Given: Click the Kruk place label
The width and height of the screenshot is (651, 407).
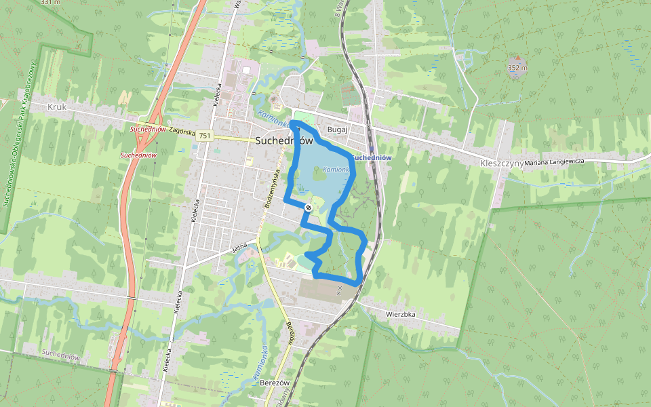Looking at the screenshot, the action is click(58, 107).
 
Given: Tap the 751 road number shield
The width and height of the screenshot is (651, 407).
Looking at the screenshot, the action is click(205, 136).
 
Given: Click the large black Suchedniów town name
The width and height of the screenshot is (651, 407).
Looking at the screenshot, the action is click(284, 141).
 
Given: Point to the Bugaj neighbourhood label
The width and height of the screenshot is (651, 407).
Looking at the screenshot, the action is click(337, 128).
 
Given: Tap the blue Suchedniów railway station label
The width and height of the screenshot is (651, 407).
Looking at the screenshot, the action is click(373, 157).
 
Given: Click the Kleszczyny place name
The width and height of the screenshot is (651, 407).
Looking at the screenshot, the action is click(500, 163).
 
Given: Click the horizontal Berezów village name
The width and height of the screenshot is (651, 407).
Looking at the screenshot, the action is click(275, 383).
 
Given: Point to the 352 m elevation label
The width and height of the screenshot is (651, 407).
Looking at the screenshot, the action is click(517, 68).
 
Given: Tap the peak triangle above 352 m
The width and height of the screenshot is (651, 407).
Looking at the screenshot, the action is click(518, 58).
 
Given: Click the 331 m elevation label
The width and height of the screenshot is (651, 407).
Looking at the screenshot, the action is click(50, 3).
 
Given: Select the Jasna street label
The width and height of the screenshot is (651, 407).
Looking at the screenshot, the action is click(239, 249).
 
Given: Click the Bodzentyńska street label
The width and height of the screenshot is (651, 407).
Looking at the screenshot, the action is click(271, 184).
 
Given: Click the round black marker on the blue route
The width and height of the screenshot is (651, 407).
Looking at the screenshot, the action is click(309, 208).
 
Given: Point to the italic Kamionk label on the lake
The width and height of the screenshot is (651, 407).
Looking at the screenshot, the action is click(336, 169).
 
